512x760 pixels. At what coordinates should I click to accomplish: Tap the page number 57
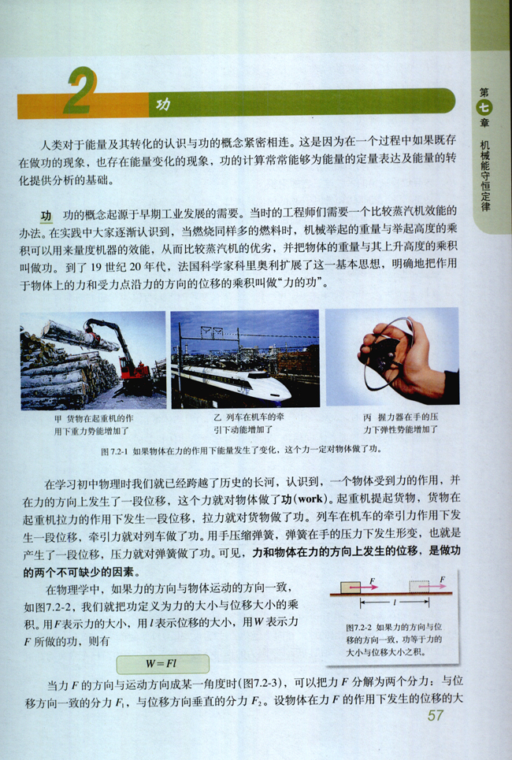pyautogui.click(x=436, y=715)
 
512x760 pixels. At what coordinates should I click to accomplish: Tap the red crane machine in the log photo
pyautogui.click(x=132, y=366)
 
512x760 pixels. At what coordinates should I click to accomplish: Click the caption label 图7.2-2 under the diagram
pyautogui.click(x=361, y=628)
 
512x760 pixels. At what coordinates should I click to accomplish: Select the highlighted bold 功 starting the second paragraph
pyautogui.click(x=46, y=216)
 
